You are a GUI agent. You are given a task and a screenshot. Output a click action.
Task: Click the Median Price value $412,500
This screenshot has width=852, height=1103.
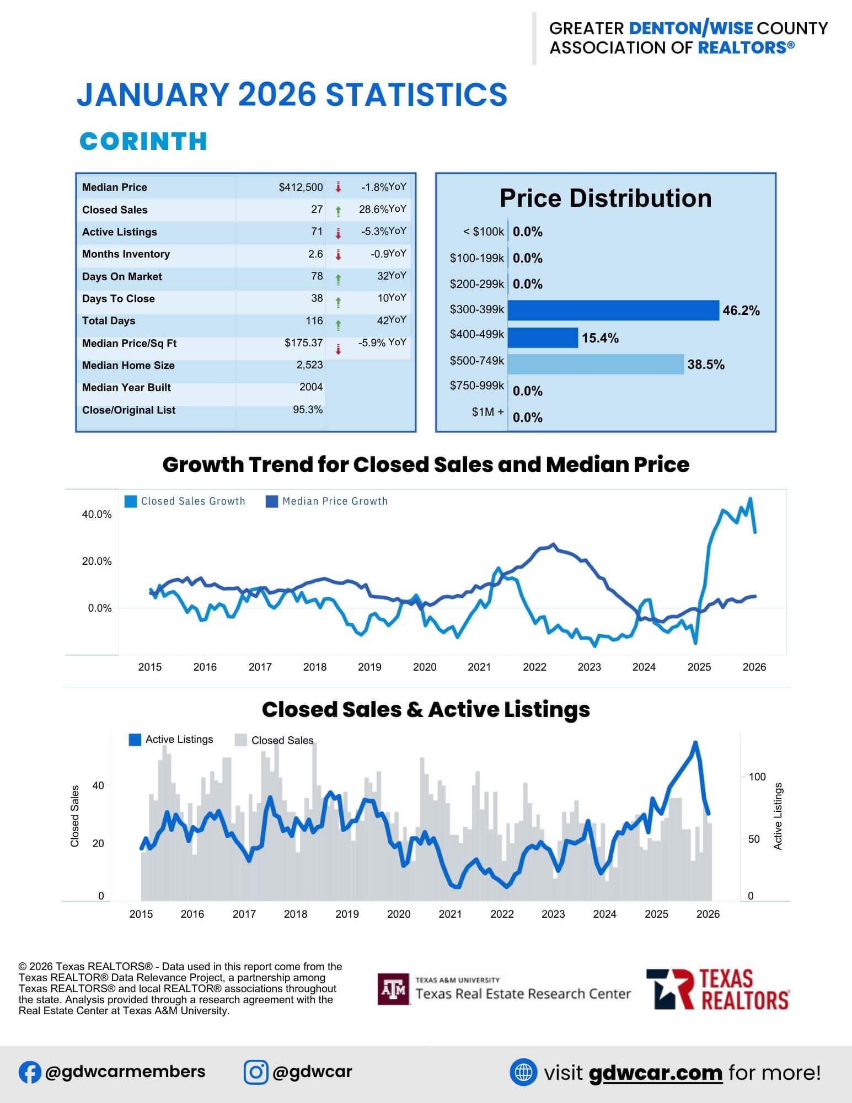tap(301, 188)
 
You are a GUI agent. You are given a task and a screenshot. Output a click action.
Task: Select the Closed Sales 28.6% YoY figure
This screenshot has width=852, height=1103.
tap(382, 209)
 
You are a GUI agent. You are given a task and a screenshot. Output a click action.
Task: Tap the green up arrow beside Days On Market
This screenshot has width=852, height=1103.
tap(338, 280)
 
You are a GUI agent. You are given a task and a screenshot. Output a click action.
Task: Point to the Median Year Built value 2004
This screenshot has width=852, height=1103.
tap(311, 387)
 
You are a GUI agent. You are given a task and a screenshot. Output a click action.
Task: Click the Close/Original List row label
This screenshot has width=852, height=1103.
tap(128, 410)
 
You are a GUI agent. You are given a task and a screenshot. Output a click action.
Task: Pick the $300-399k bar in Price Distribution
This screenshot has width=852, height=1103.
tap(613, 310)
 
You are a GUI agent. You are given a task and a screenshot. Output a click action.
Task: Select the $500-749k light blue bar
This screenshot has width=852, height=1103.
tap(596, 365)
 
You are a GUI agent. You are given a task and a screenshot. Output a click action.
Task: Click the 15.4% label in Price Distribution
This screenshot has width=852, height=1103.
tap(600, 338)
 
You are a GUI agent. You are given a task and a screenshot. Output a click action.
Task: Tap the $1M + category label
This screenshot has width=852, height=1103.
tap(487, 412)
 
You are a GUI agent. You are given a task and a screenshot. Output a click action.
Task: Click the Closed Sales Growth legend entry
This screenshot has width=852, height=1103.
tap(185, 501)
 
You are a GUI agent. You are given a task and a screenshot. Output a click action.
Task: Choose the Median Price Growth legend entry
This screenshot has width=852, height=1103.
tap(327, 501)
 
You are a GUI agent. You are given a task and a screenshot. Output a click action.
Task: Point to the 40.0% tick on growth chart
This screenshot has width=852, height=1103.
tap(97, 515)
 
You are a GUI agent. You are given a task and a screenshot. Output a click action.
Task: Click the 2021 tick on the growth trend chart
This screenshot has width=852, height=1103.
tap(479, 667)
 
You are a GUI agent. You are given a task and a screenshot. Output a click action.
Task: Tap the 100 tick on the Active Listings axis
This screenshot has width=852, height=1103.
tap(757, 777)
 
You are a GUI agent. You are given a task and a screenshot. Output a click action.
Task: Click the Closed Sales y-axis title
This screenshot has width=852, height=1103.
tap(75, 816)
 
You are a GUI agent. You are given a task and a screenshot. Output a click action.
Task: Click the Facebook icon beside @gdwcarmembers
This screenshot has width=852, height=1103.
tap(30, 1072)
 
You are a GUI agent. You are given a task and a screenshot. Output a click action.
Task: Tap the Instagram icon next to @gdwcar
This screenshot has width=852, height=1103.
tap(256, 1072)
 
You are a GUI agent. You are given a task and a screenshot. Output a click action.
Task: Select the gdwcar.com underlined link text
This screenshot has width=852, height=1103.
tap(655, 1073)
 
